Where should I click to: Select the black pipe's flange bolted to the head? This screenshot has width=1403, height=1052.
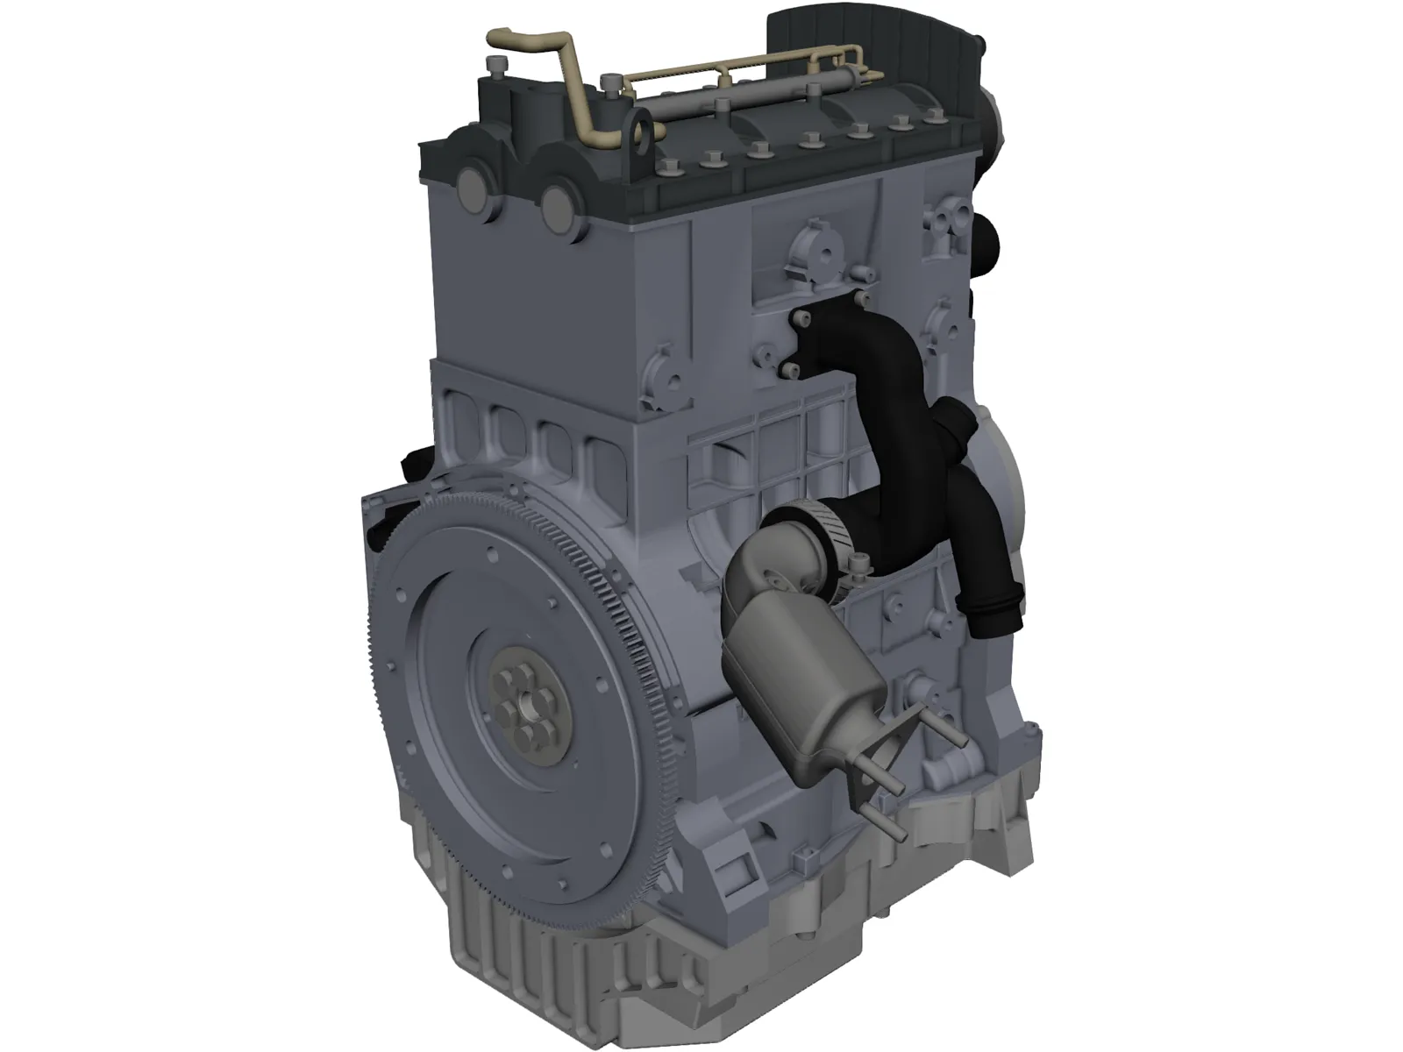pyautogui.click(x=807, y=342)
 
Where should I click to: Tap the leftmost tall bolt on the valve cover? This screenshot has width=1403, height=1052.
pyautogui.click(x=499, y=67)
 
